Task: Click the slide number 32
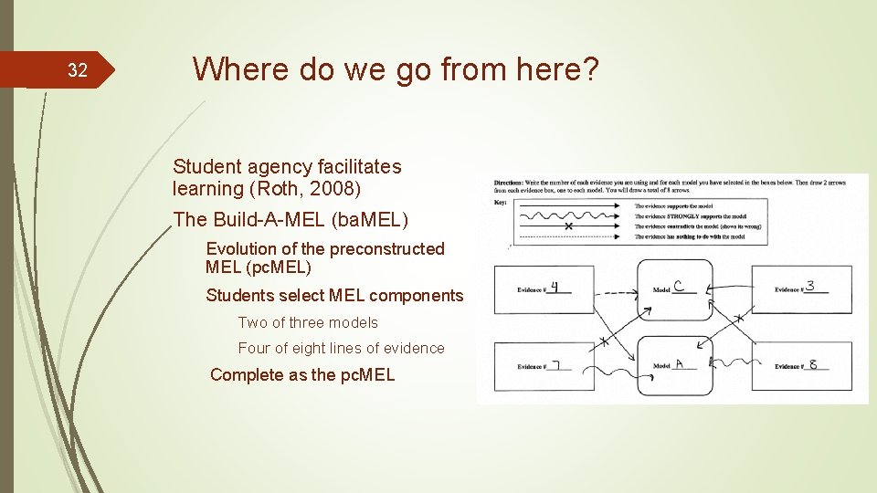pos(78,70)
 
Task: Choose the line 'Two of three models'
pos(308,322)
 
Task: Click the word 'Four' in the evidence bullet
pos(255,348)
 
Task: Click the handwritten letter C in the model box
pos(680,286)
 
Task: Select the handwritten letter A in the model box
pos(680,362)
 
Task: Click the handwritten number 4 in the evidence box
pos(555,287)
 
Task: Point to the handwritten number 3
pos(810,286)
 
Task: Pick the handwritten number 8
pos(813,364)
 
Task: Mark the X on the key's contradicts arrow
pos(568,226)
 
